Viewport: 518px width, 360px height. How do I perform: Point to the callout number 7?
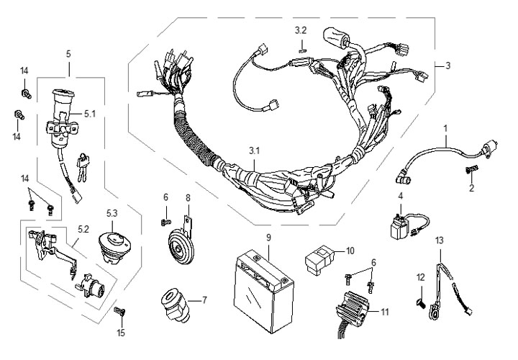[204, 300]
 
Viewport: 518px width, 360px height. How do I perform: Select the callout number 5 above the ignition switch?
[68, 53]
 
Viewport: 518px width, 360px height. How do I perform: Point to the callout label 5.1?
[89, 113]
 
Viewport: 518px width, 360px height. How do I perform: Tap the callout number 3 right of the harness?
[447, 66]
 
